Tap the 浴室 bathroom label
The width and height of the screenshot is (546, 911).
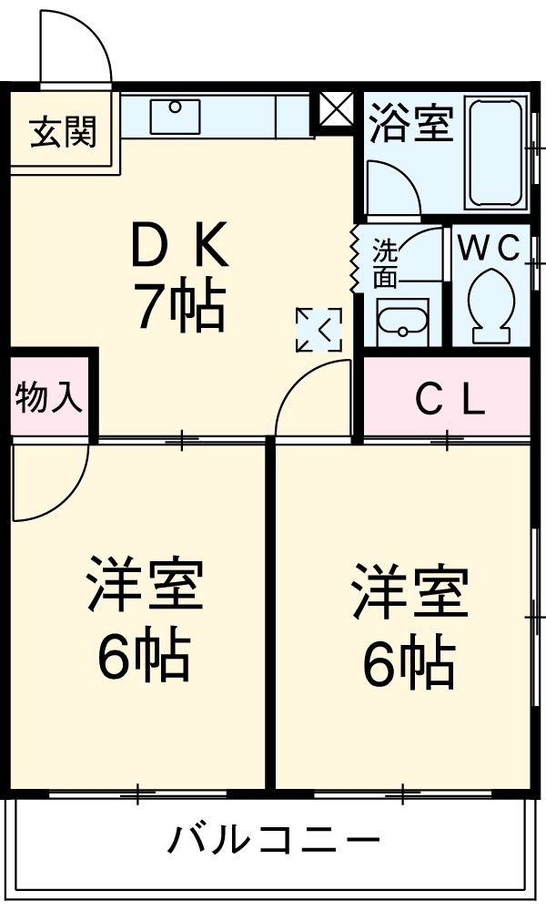pyautogui.click(x=411, y=125)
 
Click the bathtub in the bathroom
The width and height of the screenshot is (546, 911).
pyautogui.click(x=496, y=151)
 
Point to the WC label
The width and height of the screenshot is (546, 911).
pyautogui.click(x=489, y=247)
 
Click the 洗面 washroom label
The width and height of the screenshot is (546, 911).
pyautogui.click(x=385, y=262)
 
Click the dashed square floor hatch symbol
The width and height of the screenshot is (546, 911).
pyautogui.click(x=318, y=330)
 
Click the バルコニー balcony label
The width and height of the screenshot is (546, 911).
pyautogui.click(x=273, y=838)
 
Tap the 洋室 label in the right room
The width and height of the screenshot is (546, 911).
pyautogui.click(x=410, y=593)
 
